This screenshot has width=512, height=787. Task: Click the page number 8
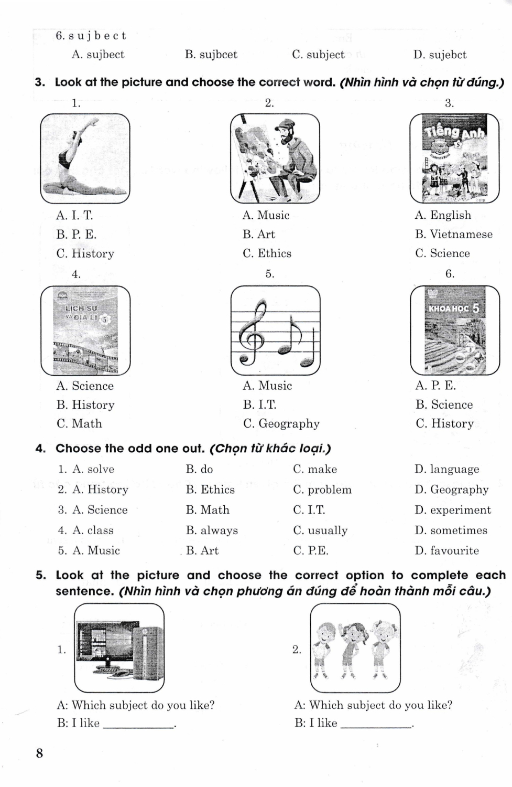pyautogui.click(x=39, y=754)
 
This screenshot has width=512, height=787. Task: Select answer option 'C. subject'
pyautogui.click(x=318, y=55)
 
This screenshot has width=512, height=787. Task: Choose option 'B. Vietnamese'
pyautogui.click(x=454, y=235)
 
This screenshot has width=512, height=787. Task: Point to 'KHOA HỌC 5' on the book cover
pyautogui.click(x=453, y=309)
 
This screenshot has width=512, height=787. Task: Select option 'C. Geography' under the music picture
pyautogui.click(x=281, y=424)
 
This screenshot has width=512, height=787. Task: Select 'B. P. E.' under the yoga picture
pyautogui.click(x=77, y=235)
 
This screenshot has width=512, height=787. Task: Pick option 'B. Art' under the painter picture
pyautogui.click(x=259, y=235)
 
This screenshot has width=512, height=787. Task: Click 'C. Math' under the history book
pyautogui.click(x=79, y=424)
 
